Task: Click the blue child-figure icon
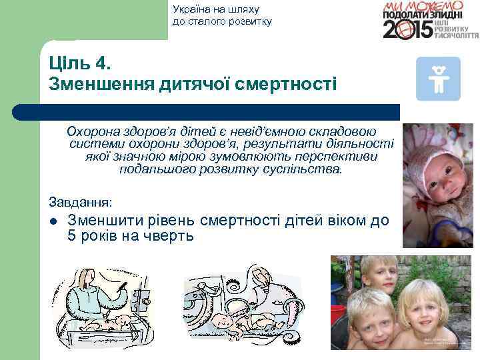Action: pos(438,79)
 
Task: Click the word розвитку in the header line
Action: pos(249,21)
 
